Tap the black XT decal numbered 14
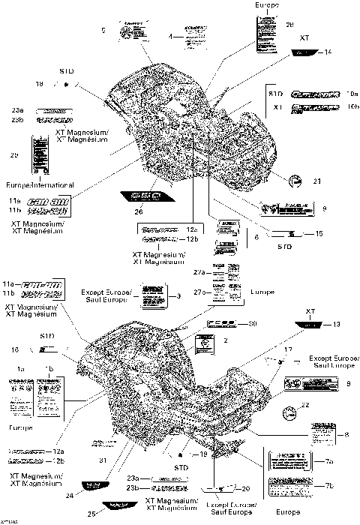click(304, 52)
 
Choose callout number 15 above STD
click(319, 234)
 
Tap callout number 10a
click(353, 94)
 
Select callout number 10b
click(353, 107)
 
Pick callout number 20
click(247, 488)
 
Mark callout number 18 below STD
click(40, 83)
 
